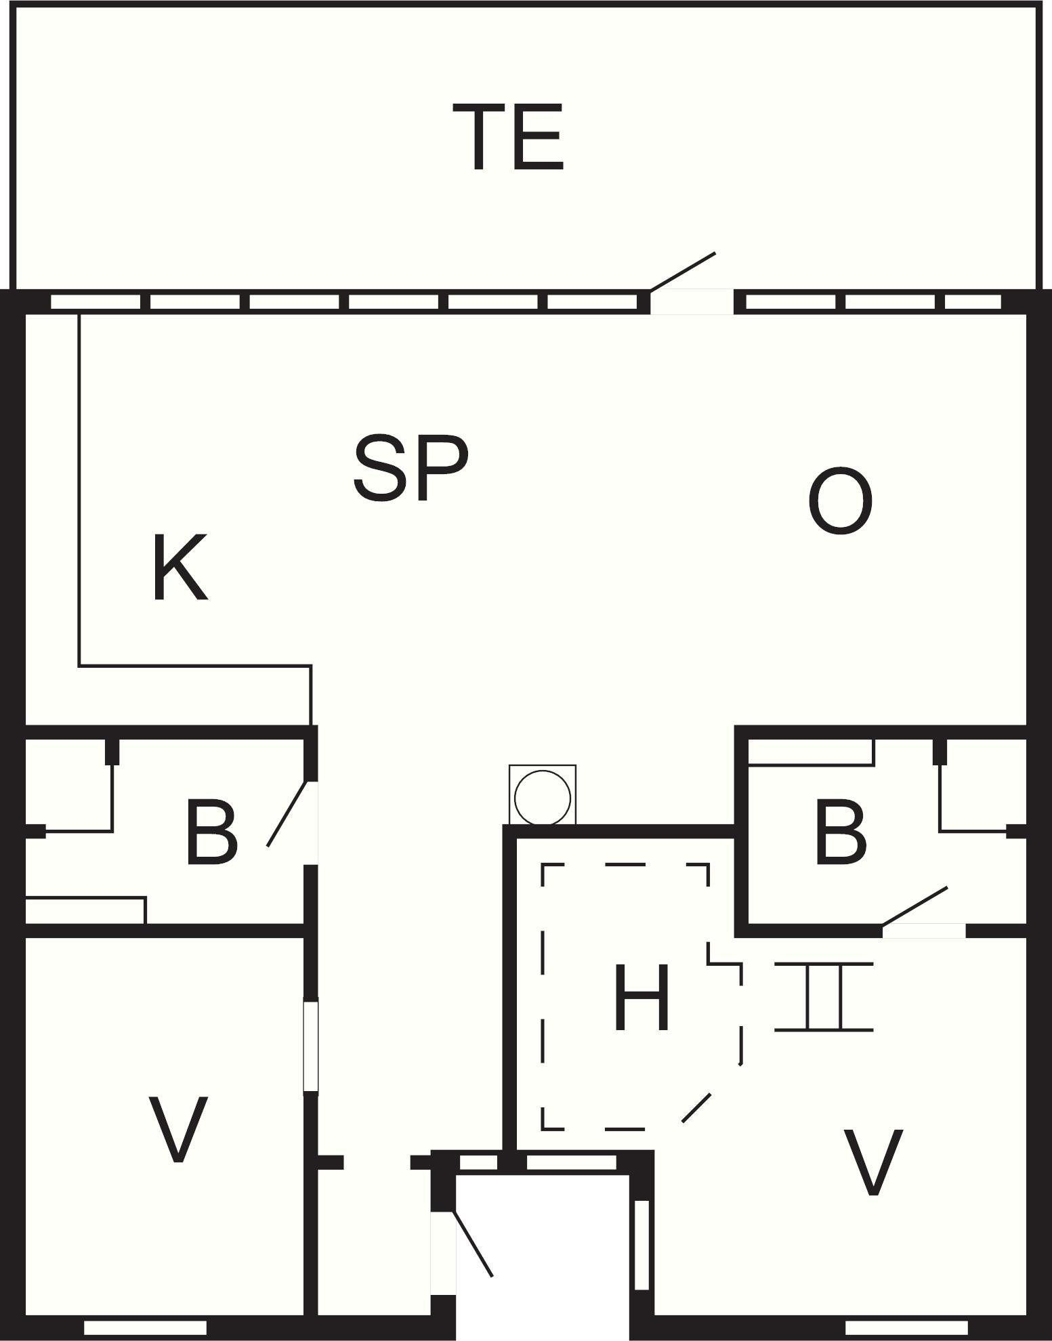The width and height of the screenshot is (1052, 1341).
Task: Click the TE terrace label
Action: [x=508, y=137]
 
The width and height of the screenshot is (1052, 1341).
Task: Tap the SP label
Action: [x=411, y=468]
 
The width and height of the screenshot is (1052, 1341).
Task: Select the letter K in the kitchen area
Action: [x=180, y=568]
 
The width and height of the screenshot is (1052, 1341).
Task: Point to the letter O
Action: [x=840, y=501]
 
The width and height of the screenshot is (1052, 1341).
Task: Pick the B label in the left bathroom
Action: [x=211, y=832]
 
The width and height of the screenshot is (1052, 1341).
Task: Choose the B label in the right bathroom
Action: [x=841, y=832]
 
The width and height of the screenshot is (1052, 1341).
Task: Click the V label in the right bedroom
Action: [x=872, y=1162]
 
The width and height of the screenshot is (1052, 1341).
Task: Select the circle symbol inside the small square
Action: [x=543, y=797]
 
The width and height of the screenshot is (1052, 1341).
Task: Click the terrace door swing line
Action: [x=683, y=272]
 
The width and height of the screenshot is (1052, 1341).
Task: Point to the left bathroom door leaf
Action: [x=288, y=813]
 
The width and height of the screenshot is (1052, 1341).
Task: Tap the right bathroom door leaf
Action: [x=914, y=906]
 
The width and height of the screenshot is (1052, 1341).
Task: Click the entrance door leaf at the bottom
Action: [x=473, y=1244]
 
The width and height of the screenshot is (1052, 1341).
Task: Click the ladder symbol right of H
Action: [x=824, y=996]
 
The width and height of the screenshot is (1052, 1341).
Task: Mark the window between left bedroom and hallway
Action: [x=310, y=1046]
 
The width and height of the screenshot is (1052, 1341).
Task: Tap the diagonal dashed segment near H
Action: [x=696, y=1108]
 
